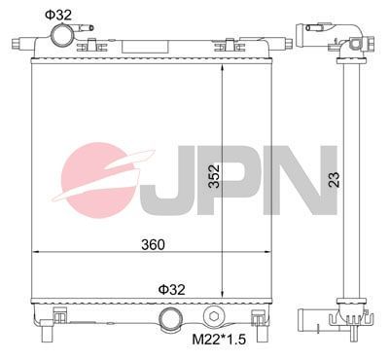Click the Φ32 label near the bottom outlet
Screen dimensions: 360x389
coord(172,289)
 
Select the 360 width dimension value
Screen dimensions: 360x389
coord(152,243)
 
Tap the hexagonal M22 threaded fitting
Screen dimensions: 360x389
coord(216,317)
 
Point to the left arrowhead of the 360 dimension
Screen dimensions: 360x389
coord(37,253)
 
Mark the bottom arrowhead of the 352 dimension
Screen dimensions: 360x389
coord(226,298)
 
